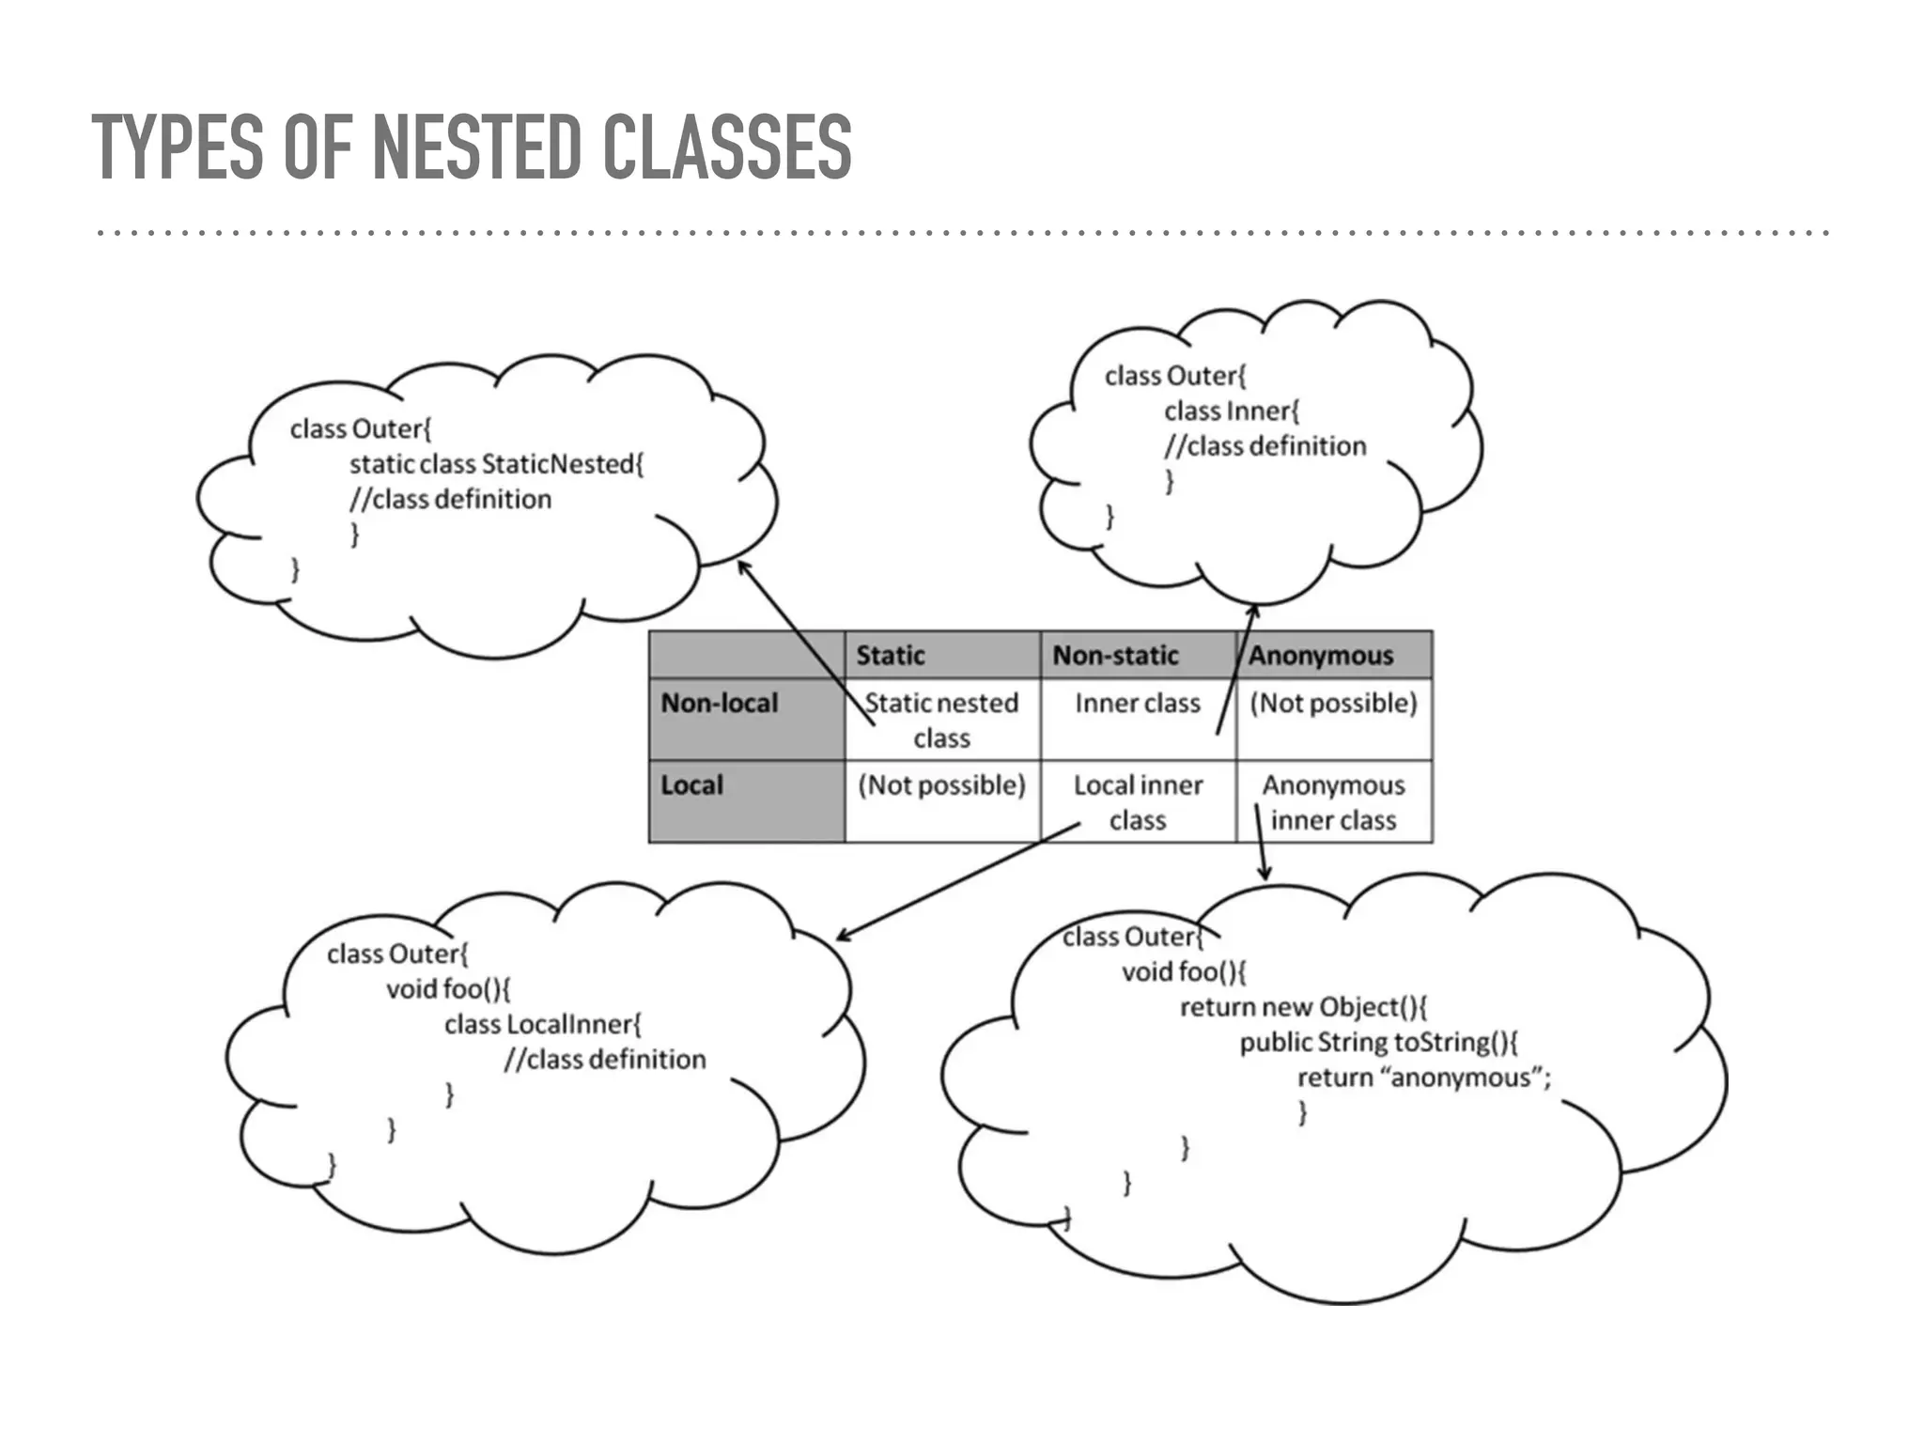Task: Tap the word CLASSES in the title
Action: click(x=726, y=147)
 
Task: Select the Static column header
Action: click(x=890, y=655)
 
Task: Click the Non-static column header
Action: click(x=1115, y=655)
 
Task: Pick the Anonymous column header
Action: click(x=1320, y=655)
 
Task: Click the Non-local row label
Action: click(x=720, y=703)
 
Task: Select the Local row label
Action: click(x=691, y=784)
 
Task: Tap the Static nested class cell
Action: click(x=941, y=720)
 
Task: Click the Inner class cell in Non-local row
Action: click(x=1138, y=703)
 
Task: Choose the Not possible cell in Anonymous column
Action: click(x=1333, y=703)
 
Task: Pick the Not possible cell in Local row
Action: click(x=941, y=784)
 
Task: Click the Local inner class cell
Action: click(x=1138, y=801)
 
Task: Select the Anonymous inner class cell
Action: click(x=1333, y=801)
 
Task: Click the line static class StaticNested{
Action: click(x=496, y=464)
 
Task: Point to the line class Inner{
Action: click(x=1232, y=411)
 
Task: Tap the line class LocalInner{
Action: click(x=542, y=1024)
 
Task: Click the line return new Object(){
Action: click(x=1303, y=1007)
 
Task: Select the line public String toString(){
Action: click(x=1378, y=1042)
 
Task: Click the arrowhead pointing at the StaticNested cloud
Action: click(x=742, y=566)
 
